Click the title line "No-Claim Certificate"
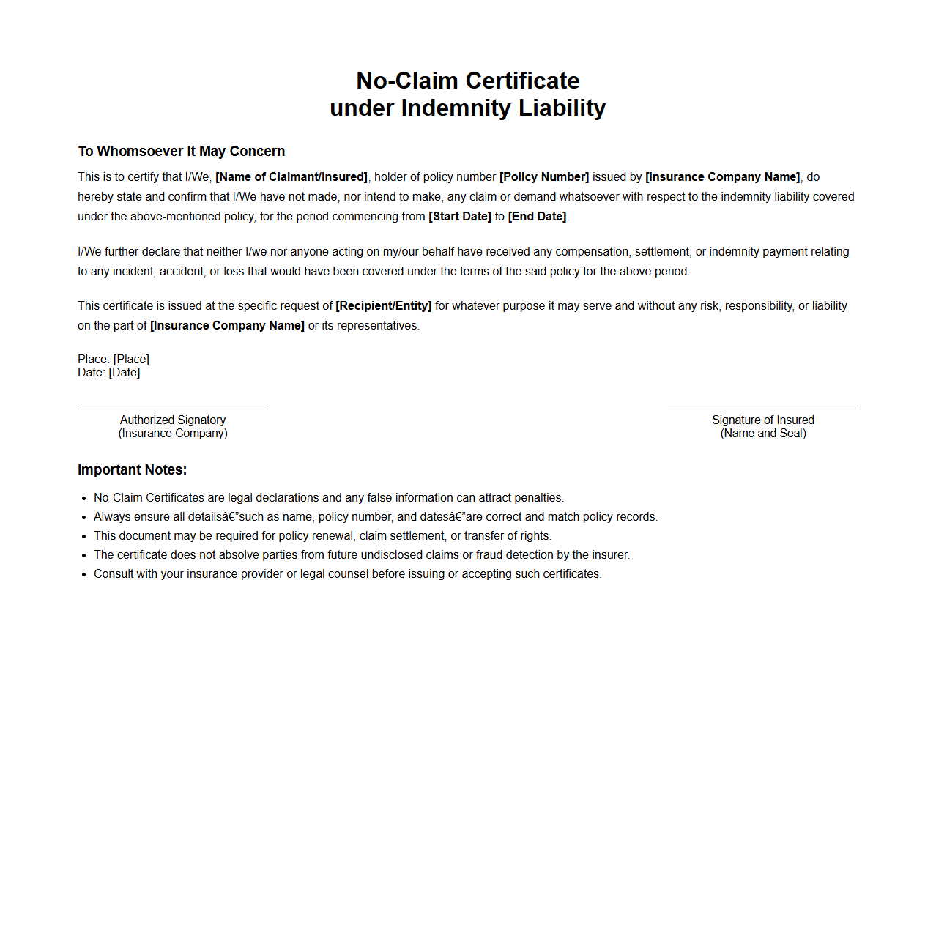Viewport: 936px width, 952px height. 467,81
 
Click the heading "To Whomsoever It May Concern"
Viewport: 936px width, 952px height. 182,152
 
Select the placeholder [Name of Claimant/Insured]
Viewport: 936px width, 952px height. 291,177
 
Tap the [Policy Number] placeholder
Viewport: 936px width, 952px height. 544,177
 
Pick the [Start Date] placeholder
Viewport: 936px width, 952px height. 460,217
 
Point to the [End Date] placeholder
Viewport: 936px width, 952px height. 537,217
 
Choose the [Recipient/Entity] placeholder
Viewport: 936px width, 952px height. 384,306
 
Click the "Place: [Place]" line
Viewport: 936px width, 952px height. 114,360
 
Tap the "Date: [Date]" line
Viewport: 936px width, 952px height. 109,373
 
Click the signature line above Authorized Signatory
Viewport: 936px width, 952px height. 173,409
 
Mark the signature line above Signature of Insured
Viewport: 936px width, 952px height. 762,409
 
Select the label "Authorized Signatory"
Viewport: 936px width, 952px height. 173,420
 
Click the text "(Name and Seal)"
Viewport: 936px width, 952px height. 763,434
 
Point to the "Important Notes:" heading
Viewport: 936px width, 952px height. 133,470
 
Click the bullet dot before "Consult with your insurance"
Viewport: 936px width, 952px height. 84,575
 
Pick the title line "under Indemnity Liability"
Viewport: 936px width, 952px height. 467,108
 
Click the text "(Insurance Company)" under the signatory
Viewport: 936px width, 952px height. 173,434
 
